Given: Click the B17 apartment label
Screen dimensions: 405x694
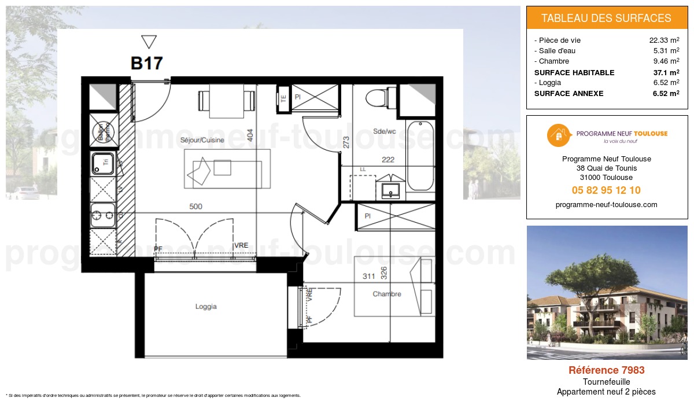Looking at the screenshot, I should (146, 63).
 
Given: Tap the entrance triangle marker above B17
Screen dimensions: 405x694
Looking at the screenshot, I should (149, 42).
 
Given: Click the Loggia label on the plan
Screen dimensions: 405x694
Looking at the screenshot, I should (206, 307).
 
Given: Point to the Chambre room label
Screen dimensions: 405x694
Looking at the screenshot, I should (387, 294).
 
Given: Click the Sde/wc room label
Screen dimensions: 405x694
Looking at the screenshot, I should (385, 131).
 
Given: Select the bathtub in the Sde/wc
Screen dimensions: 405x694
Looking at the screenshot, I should (420, 156).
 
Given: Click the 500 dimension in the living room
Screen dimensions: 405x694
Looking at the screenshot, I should (195, 207).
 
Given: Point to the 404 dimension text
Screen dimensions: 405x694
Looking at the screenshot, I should (250, 135).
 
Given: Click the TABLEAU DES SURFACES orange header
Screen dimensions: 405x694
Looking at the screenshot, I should (606, 18).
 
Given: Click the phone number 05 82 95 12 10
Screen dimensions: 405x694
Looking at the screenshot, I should (606, 190).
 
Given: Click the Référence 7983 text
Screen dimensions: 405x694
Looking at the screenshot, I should (606, 370).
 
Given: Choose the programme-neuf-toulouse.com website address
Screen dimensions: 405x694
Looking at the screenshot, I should (606, 205).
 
